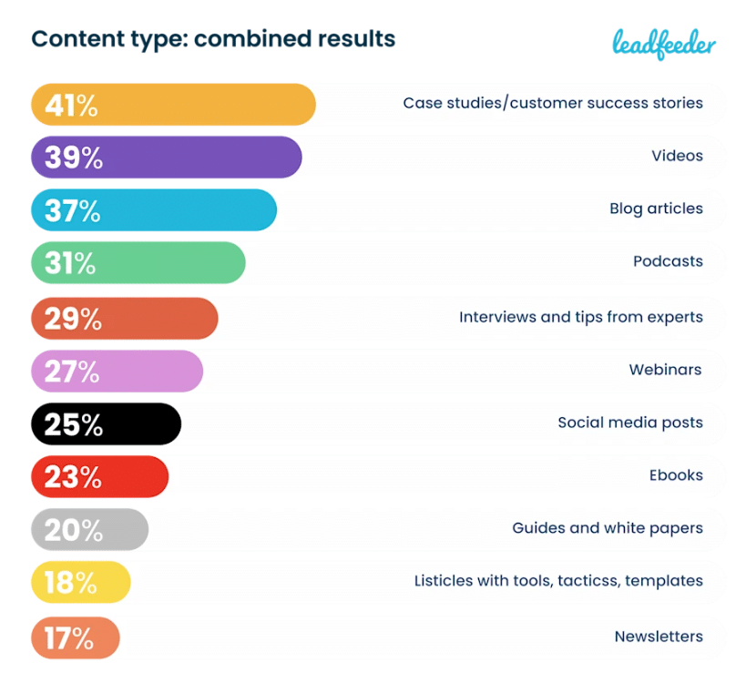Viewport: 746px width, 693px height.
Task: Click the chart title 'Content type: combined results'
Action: click(213, 39)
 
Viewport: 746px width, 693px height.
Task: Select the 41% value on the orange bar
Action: click(71, 106)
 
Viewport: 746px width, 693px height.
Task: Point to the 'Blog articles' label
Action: click(656, 209)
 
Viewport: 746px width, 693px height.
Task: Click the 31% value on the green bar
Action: click(70, 263)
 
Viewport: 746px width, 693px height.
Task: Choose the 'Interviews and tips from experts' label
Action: click(580, 317)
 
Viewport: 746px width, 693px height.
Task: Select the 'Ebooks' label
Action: click(676, 475)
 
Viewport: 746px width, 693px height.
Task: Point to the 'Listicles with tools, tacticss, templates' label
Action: click(557, 581)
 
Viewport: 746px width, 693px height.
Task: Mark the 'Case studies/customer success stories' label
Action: click(552, 103)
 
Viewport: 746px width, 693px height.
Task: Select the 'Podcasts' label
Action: click(668, 261)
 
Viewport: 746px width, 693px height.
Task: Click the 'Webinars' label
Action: click(665, 370)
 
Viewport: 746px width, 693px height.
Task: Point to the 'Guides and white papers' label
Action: click(607, 528)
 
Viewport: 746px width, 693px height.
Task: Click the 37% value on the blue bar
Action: click(72, 210)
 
